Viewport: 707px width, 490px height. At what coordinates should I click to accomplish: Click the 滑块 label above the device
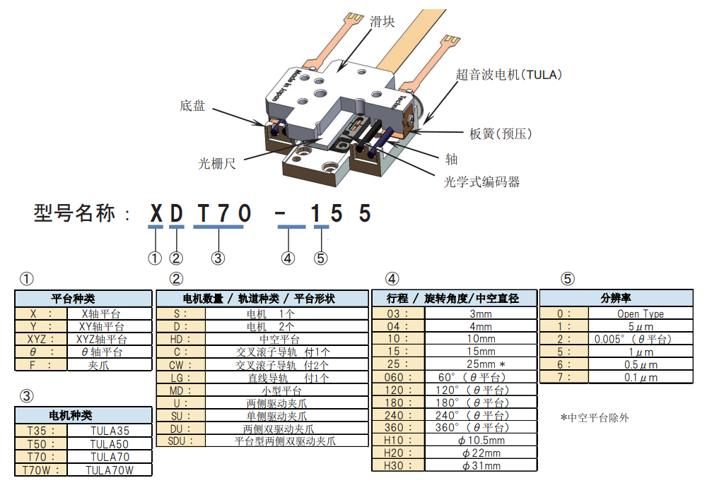click(382, 22)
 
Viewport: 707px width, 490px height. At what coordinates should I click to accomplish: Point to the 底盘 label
click(192, 106)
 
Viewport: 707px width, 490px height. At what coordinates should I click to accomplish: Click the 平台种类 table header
click(83, 298)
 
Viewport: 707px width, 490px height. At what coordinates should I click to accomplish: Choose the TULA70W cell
click(110, 469)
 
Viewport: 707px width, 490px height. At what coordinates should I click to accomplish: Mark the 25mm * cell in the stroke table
click(481, 364)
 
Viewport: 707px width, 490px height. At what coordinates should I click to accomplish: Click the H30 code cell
click(398, 465)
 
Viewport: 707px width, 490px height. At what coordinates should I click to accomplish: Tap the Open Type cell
click(640, 313)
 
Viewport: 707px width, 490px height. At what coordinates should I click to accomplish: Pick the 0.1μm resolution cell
click(640, 377)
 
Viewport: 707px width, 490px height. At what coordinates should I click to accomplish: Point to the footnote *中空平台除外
click(594, 417)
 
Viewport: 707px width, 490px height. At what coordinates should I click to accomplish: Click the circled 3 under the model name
click(218, 258)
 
